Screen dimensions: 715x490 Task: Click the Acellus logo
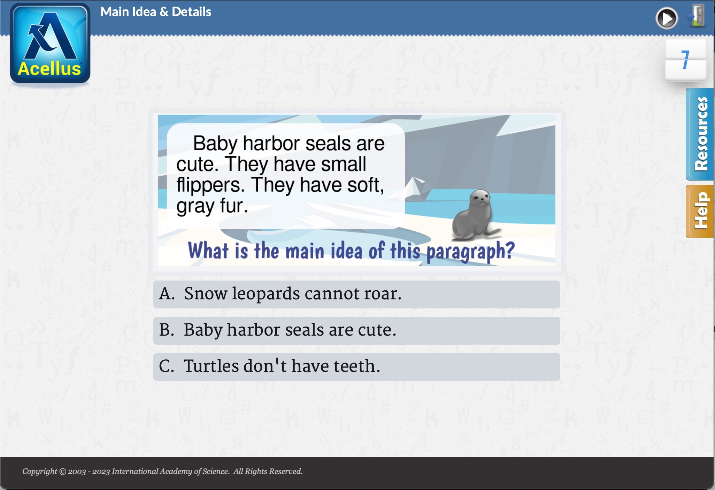[x=50, y=44]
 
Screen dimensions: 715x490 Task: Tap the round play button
[x=667, y=18]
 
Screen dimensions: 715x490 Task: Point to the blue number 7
[x=685, y=60]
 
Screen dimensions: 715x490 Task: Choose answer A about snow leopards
[x=356, y=294]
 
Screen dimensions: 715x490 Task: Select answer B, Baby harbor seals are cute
[x=356, y=330]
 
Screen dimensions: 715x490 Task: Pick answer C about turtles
[x=356, y=367]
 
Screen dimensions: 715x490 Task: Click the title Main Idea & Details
[x=156, y=12]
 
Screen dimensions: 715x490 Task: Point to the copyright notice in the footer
[x=162, y=472]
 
